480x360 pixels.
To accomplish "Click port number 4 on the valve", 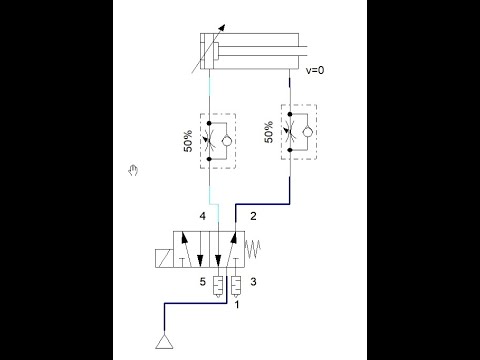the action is [202, 216].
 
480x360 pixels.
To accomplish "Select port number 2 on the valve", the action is [253, 216].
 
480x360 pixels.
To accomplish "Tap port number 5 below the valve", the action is [202, 282].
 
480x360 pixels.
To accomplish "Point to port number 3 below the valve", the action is [253, 282].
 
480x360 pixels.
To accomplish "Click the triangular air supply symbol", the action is [160, 346].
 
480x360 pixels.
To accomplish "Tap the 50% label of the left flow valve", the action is [187, 144].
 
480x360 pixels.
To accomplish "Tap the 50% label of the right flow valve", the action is [268, 132].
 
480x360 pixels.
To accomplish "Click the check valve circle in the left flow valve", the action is [226, 143].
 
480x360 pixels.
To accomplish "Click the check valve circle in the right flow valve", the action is [306, 131].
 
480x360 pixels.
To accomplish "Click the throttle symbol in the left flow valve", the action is [208, 143].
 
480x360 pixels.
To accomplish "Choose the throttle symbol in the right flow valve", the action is [289, 131].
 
